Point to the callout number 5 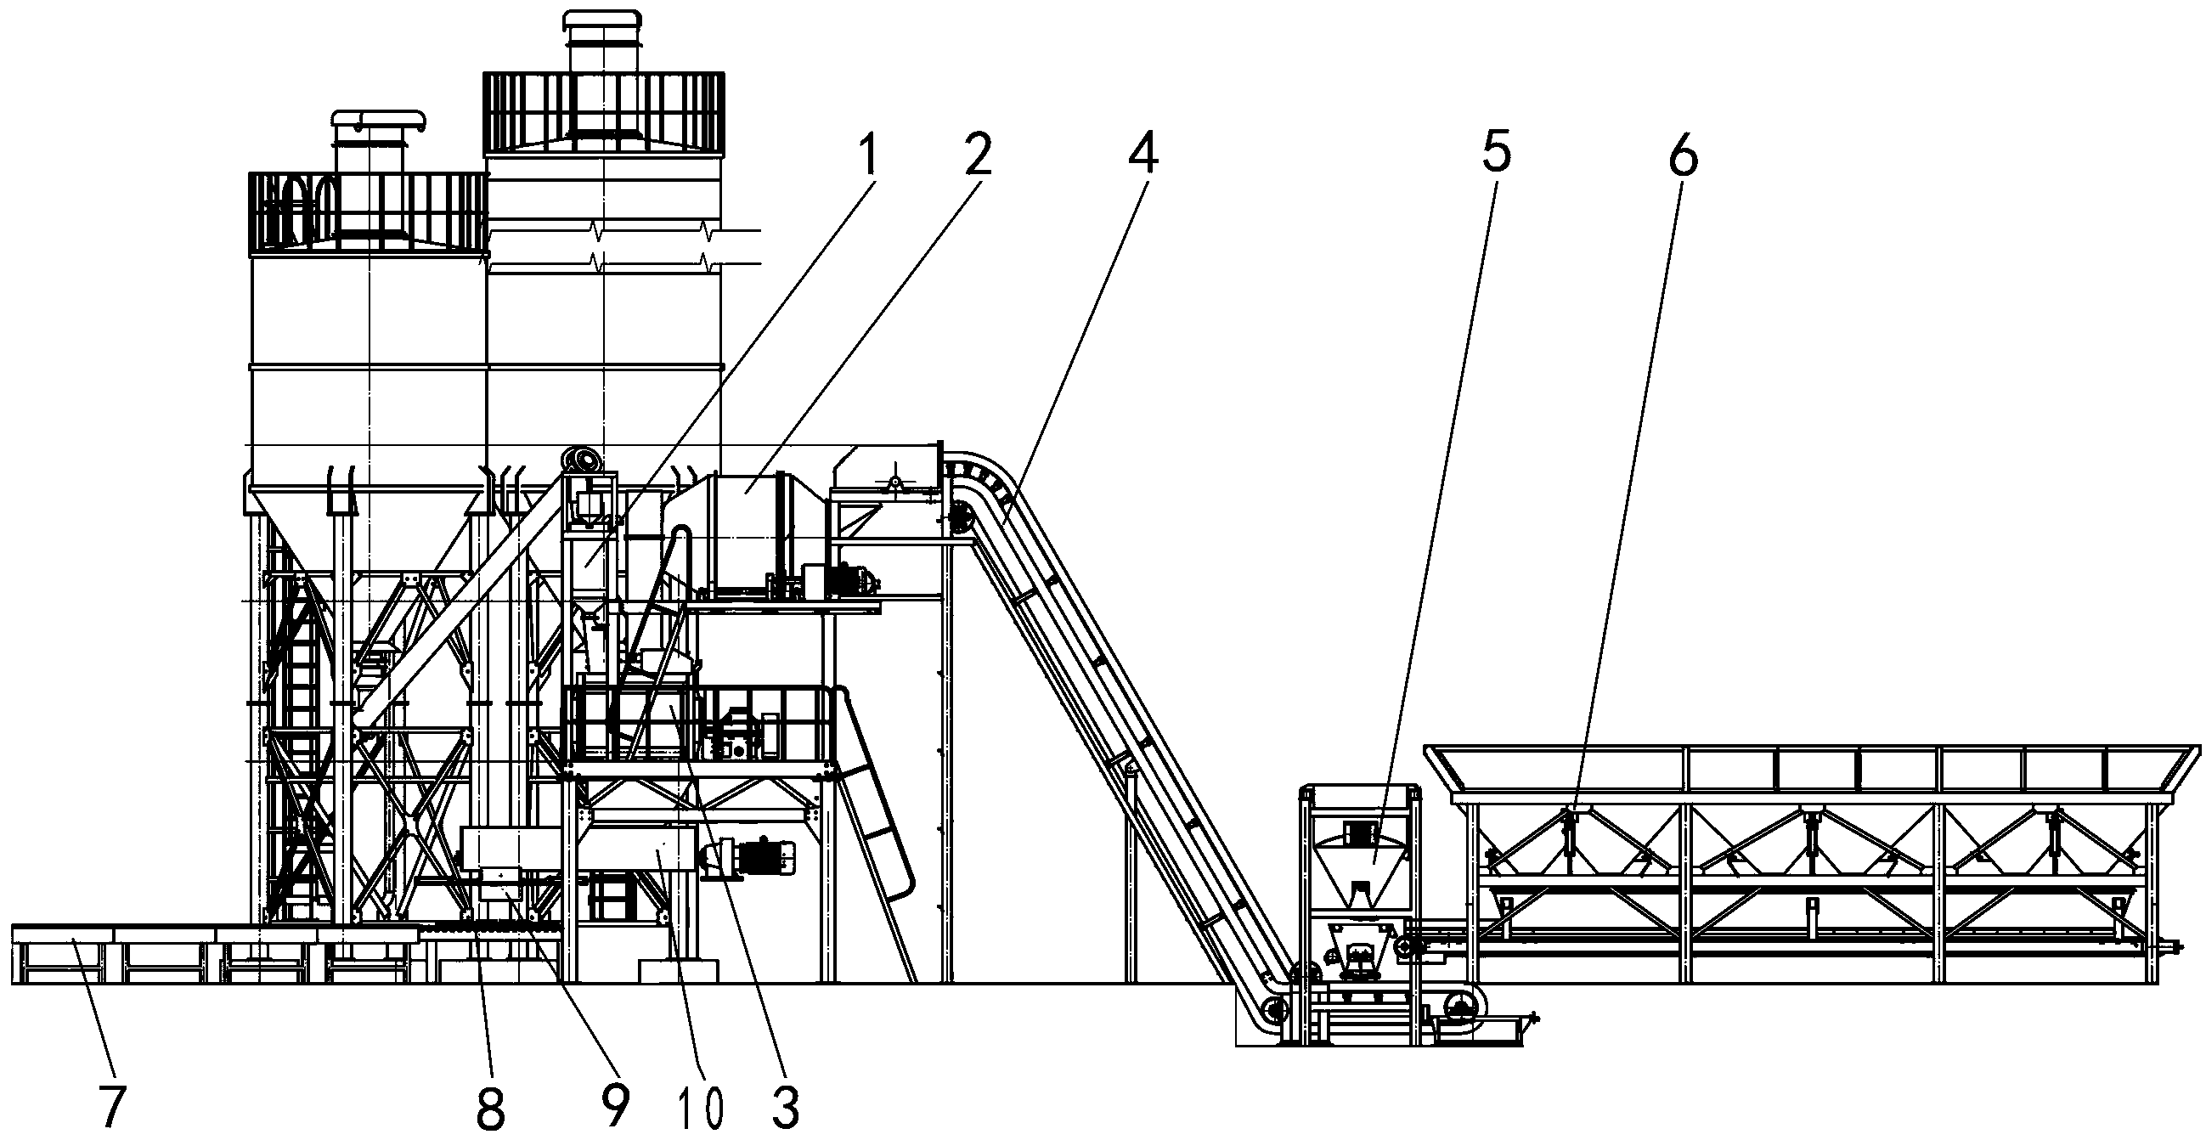tap(1495, 153)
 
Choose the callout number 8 tap(490, 1108)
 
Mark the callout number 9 tap(614, 1107)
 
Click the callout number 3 tap(785, 1107)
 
